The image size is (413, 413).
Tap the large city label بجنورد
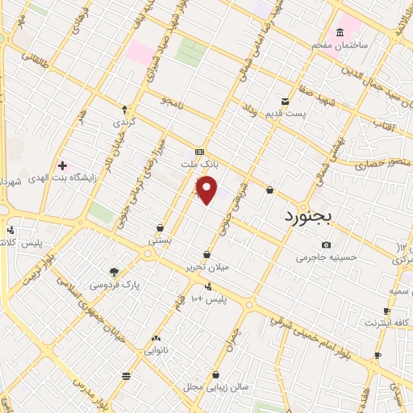point(314,216)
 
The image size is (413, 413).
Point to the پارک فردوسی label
point(114,285)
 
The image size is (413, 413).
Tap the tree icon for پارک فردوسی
point(114,272)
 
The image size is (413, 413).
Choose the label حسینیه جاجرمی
point(325,258)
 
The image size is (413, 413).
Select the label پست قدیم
point(286,114)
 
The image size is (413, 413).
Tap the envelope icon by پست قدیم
point(286,102)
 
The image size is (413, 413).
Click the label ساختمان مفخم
point(341,45)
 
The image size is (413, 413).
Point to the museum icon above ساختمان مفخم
point(340,32)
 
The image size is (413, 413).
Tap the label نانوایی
point(156,351)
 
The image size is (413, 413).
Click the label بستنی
point(161,240)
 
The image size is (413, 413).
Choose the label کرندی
point(123,123)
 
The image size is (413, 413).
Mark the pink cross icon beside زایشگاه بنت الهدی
point(62,165)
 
